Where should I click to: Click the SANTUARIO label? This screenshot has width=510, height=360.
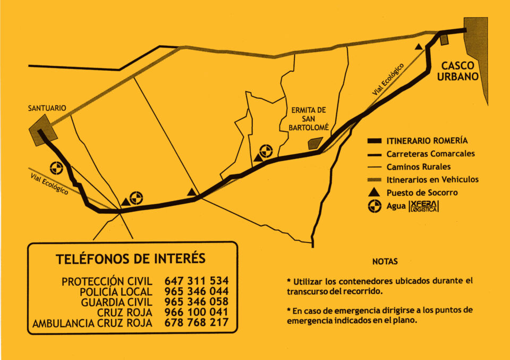(47, 108)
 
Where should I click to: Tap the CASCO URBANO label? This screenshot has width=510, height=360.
(460, 71)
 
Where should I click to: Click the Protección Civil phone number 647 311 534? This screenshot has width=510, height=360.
(197, 280)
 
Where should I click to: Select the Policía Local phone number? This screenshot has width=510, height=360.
(197, 291)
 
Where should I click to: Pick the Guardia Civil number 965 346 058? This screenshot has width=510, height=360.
(197, 302)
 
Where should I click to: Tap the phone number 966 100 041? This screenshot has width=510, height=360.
(197, 312)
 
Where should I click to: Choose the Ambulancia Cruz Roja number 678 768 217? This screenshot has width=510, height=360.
(197, 323)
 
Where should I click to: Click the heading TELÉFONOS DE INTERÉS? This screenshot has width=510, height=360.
(130, 259)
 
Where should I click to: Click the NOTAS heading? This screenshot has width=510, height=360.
(385, 262)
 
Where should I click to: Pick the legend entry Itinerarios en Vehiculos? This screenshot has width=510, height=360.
(432, 179)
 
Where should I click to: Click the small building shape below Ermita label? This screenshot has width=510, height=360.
(315, 143)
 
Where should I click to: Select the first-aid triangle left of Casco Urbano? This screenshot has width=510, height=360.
(419, 47)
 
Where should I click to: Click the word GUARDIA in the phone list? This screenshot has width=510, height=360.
(99, 302)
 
